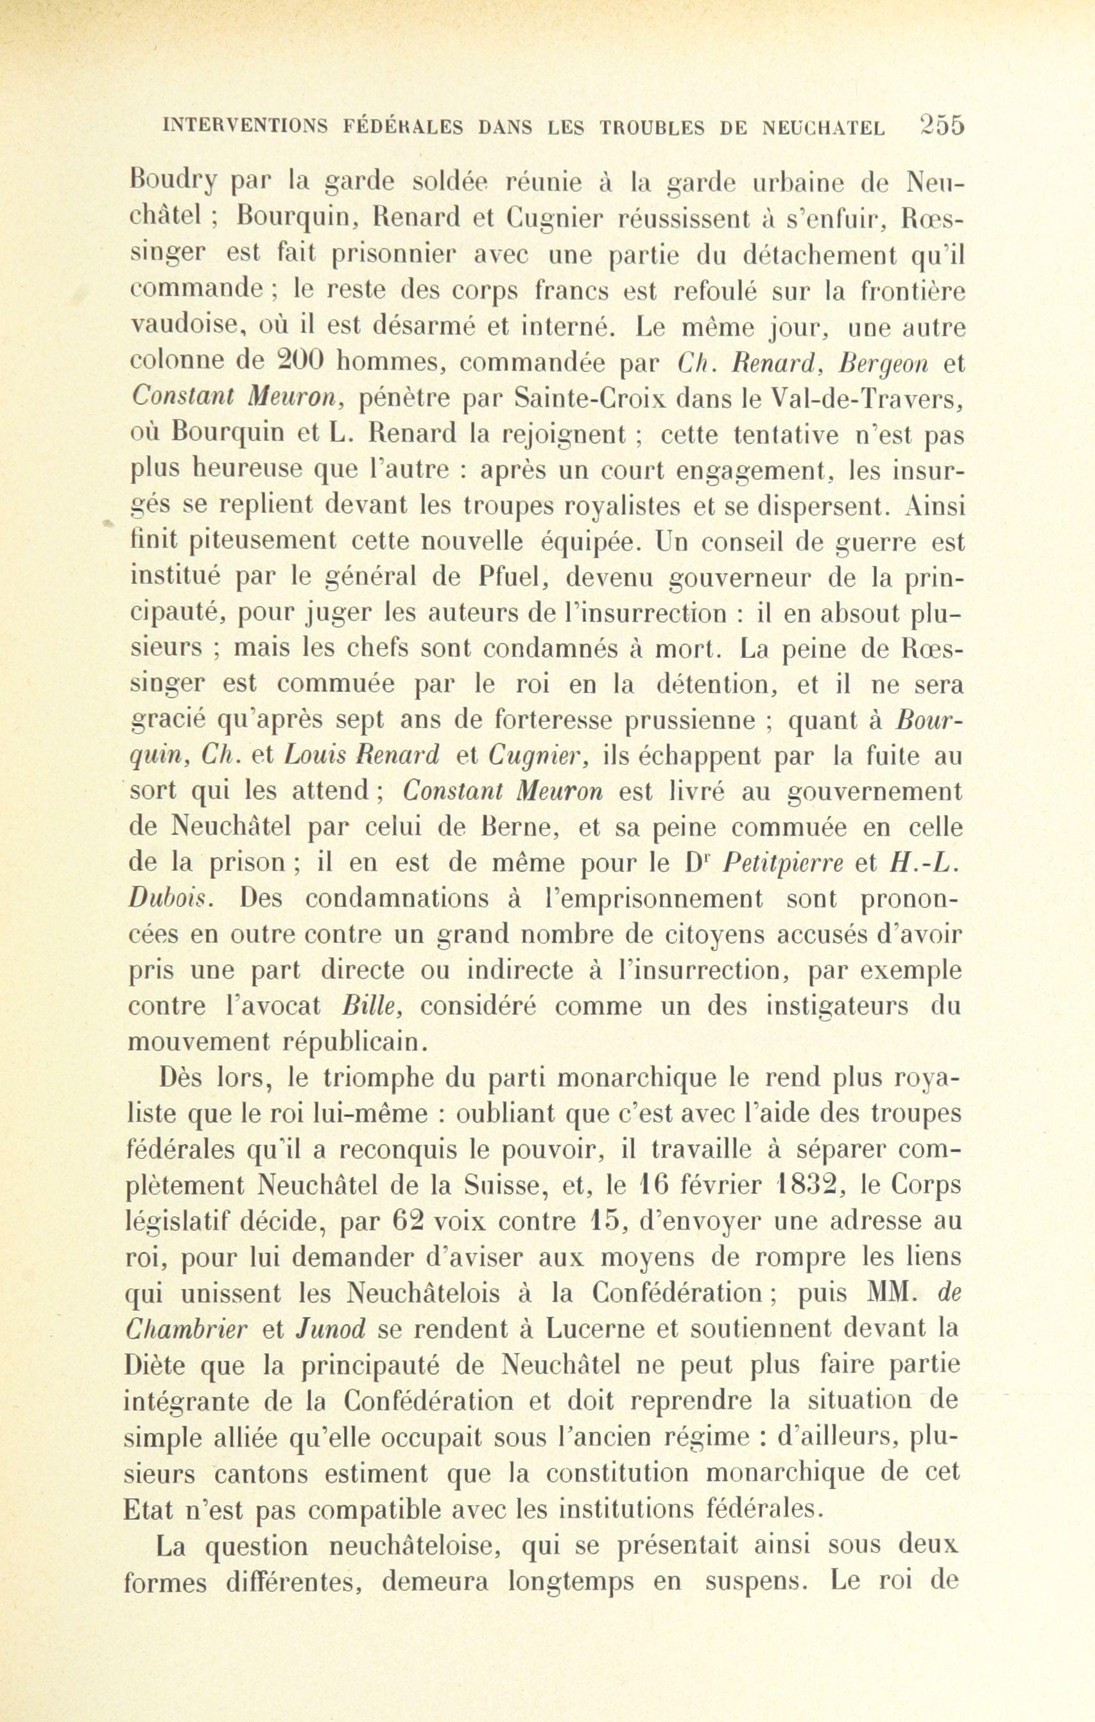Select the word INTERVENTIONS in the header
(245, 127)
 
